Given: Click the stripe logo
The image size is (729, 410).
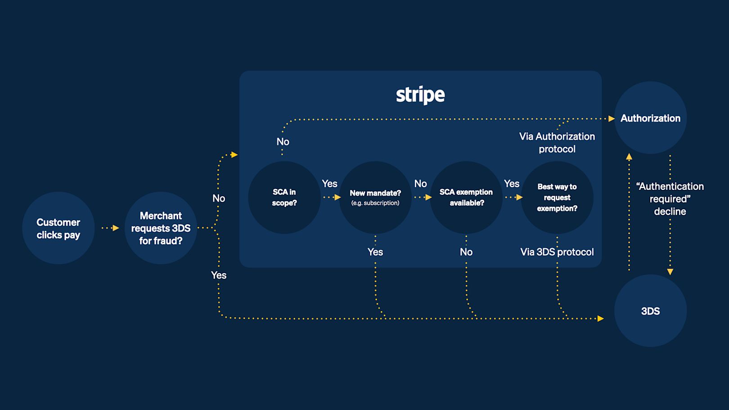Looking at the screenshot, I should coord(420,95).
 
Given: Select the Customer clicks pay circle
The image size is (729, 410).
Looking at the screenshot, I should coord(58,228).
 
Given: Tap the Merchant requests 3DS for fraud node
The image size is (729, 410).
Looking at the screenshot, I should coord(161,228).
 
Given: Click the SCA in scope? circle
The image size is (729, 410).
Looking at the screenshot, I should coord(284,198).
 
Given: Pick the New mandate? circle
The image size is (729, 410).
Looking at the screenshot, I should coord(375,198).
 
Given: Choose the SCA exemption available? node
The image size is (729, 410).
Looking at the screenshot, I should coord(466,198).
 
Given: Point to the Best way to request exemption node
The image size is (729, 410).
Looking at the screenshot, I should coord(557,198).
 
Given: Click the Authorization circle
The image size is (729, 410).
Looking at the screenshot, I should coord(650,118).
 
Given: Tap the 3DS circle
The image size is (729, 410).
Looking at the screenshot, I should coord(650,311).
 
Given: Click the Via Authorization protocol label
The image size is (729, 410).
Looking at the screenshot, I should coord(557,143).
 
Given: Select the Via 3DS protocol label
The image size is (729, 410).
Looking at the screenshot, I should coord(557,252).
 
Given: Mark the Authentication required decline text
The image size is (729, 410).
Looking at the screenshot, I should coord(670,199).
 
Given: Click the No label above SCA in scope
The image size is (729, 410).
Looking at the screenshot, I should coord(283,142).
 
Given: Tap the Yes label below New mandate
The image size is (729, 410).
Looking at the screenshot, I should coord(375,252).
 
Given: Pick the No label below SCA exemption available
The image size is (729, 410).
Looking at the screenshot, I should coord(466,252).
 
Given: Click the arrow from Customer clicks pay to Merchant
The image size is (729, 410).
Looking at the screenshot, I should coord(110,228).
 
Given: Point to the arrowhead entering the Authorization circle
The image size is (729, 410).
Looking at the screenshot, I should coord(612,119).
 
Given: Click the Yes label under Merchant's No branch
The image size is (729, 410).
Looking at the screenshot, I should coord(219,275).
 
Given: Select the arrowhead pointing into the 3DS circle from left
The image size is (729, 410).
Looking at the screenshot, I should coord(601,319).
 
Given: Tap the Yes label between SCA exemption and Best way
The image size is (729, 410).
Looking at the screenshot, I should coord(512,184).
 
